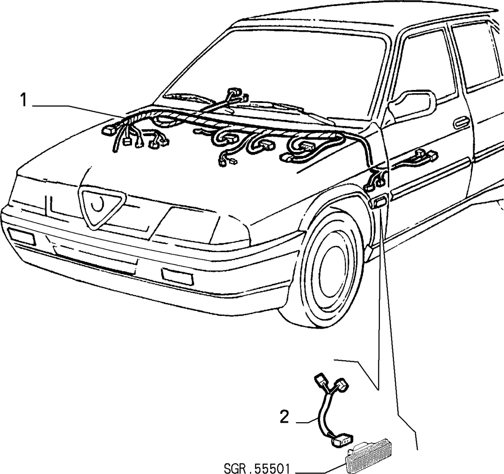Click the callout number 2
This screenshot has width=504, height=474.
(x=285, y=417)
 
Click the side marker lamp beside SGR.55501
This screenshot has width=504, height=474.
(x=371, y=458)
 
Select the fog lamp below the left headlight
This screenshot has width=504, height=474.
(x=21, y=236)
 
